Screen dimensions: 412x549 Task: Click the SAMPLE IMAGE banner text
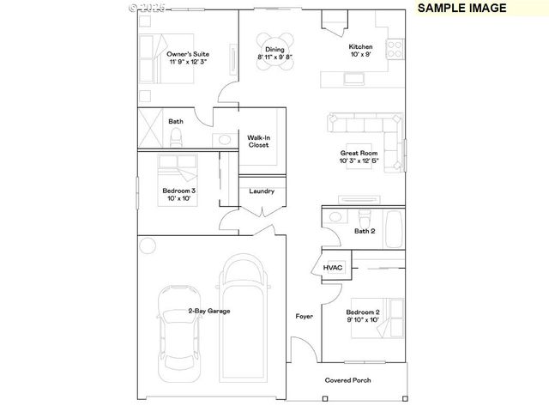[x=462, y=8]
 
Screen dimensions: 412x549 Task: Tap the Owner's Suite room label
[x=187, y=58]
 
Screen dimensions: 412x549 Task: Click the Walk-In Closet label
[x=258, y=141]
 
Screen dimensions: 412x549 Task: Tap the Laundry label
[x=262, y=191]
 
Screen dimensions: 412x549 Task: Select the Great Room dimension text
[x=359, y=161]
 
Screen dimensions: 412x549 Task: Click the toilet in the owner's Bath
[x=225, y=138]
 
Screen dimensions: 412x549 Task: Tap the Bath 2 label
[x=365, y=231]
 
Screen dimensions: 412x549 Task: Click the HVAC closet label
[x=333, y=268]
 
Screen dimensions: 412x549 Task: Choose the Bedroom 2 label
[x=362, y=315]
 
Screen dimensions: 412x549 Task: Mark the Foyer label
[x=304, y=317]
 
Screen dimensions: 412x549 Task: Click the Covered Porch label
[x=347, y=379]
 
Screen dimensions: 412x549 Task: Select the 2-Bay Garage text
[x=209, y=311]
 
